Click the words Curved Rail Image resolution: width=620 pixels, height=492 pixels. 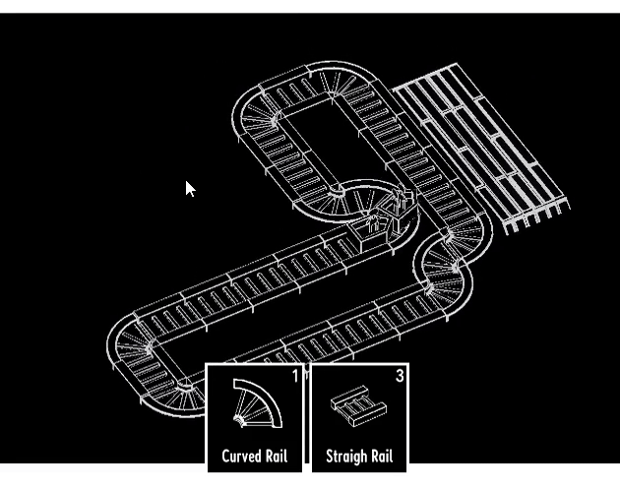tap(255, 456)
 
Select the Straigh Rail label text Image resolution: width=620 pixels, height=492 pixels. tap(359, 457)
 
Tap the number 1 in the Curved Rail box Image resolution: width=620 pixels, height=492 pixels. tap(295, 376)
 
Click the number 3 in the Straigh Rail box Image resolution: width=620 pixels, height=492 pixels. tap(400, 376)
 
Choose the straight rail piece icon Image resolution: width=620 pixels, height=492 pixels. tap(358, 406)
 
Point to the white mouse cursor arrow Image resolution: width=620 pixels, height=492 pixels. tap(190, 189)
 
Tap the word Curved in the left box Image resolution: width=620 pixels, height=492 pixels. tap(242, 456)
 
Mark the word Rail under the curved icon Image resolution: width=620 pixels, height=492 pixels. tap(277, 456)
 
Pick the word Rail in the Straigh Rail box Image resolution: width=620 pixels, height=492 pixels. tap(382, 457)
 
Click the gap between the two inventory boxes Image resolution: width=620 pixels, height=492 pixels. tap(307, 415)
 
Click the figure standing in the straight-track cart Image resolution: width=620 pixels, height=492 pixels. tap(372, 222)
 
